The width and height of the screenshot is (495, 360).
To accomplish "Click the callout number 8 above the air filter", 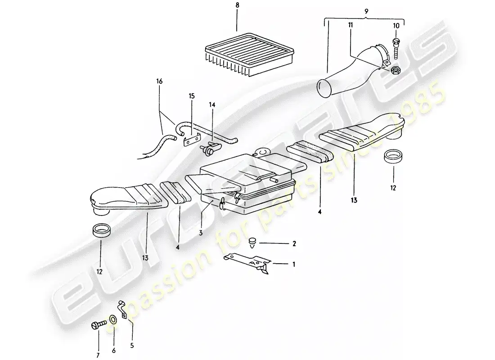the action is click(237, 5).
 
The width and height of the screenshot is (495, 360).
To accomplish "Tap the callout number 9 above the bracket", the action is click(366, 11).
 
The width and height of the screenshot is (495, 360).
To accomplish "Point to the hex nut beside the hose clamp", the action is click(395, 70).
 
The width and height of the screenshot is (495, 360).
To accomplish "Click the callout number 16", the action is click(159, 81).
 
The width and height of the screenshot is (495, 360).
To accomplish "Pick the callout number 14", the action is click(212, 104).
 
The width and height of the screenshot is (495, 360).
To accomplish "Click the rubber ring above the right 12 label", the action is click(393, 157).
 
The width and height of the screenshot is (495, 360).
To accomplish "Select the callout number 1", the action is click(293, 264).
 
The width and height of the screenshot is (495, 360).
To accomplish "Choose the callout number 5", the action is click(132, 346).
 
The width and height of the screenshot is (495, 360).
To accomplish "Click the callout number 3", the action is click(200, 234).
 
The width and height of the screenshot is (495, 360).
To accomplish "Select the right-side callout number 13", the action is click(354, 200).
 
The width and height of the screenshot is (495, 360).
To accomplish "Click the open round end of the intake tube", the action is click(324, 88).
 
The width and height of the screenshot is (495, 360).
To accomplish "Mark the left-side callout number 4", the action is click(178, 247).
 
